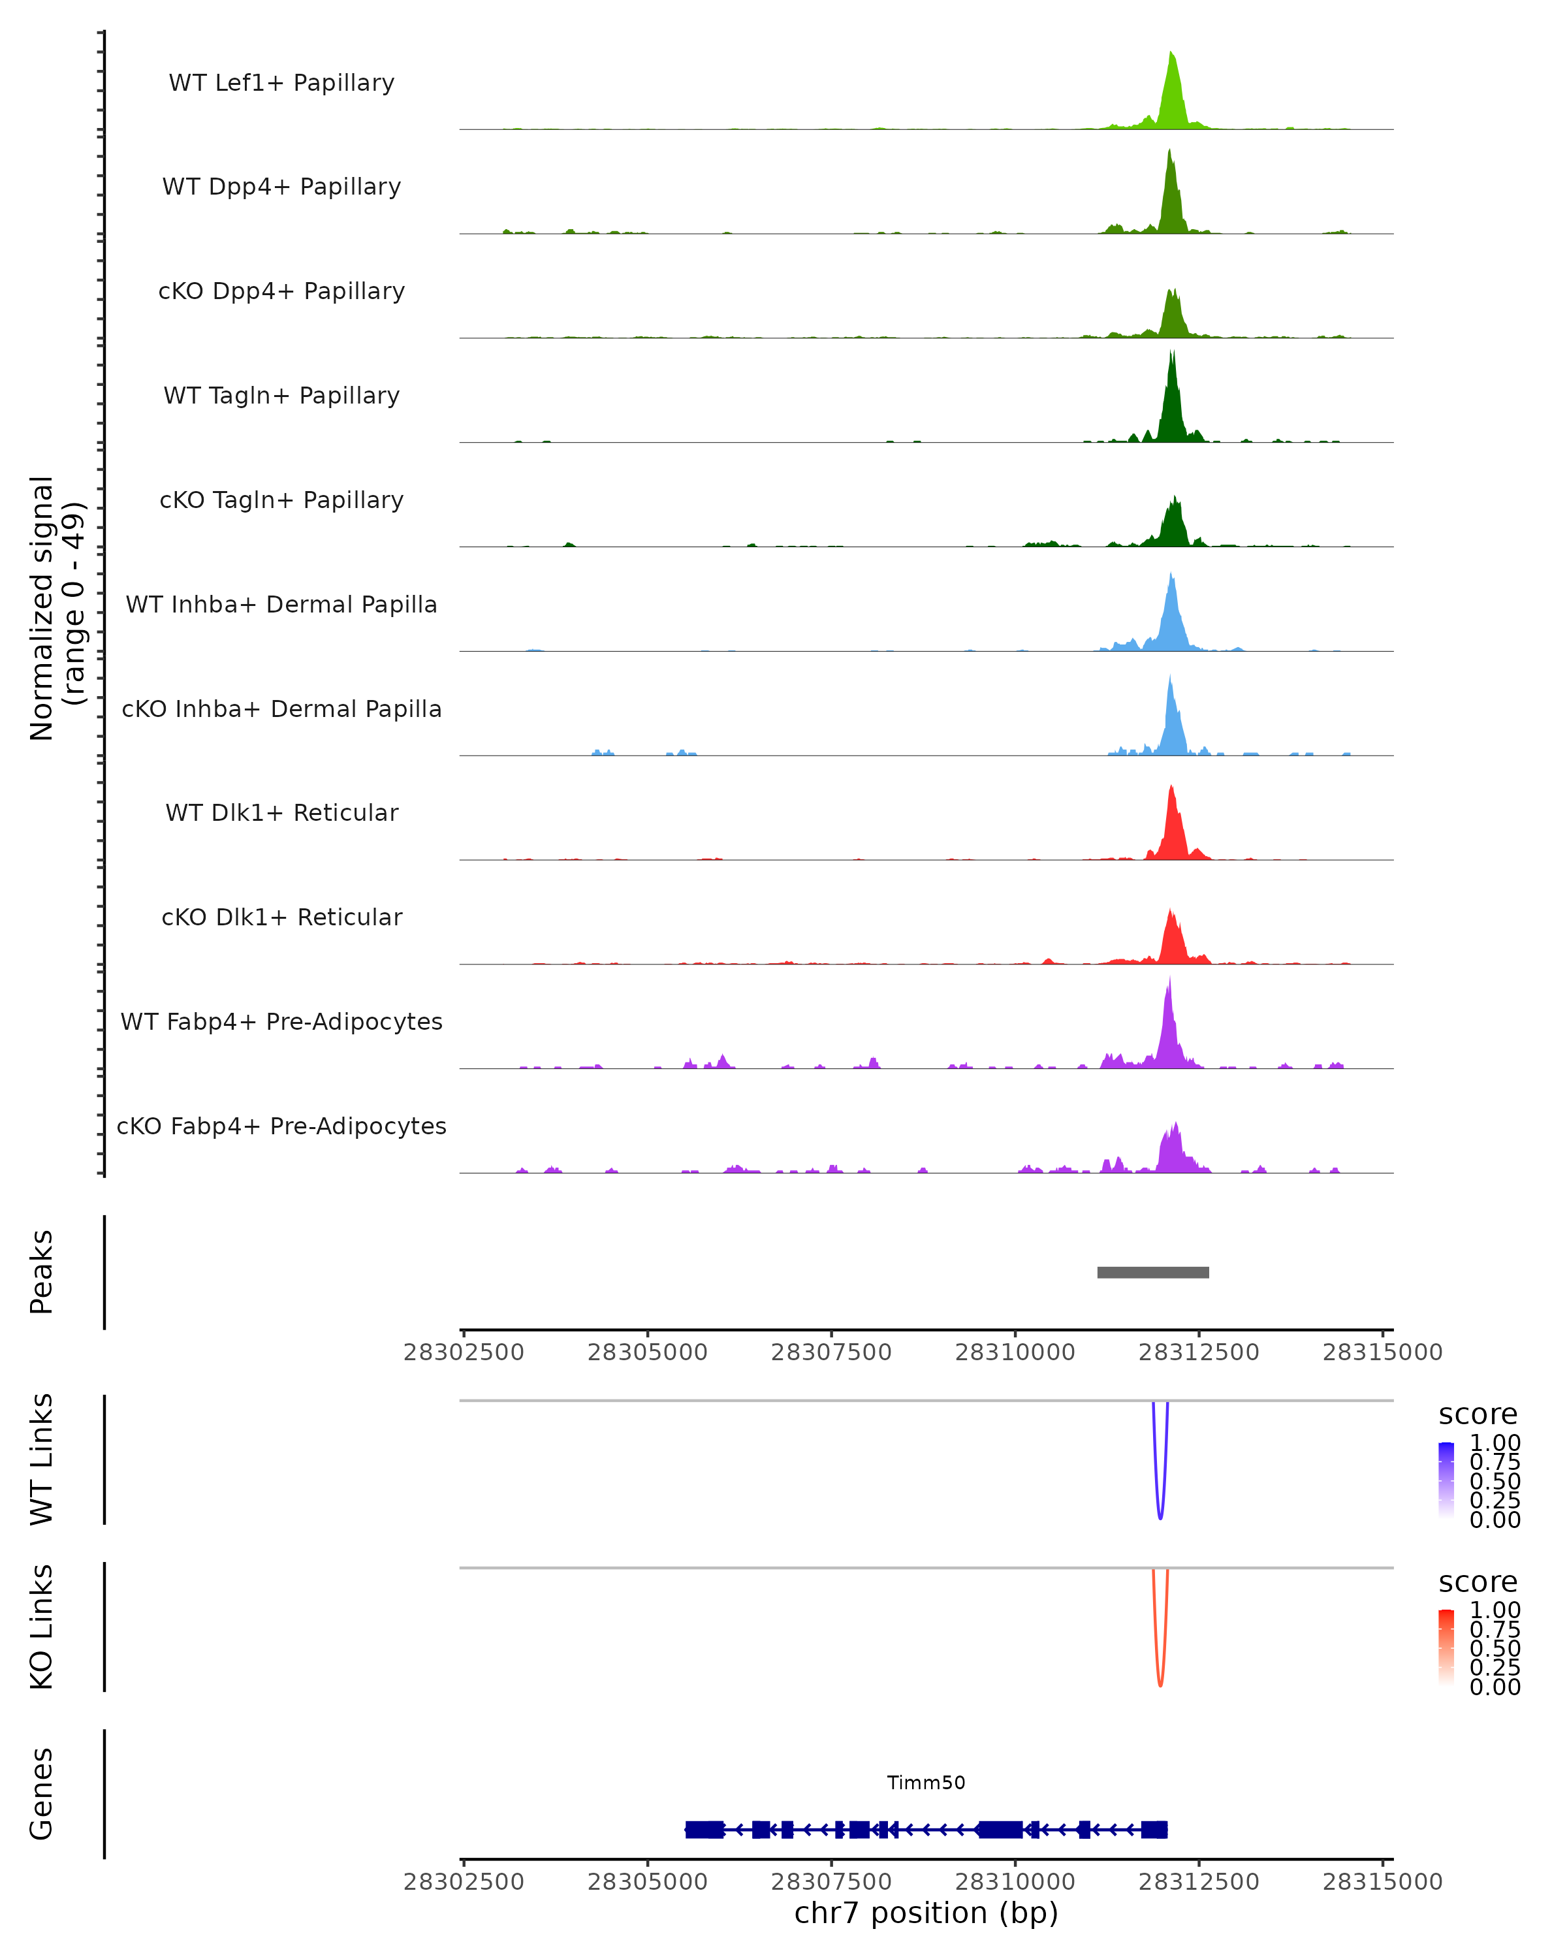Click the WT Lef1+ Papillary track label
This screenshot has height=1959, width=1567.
281,83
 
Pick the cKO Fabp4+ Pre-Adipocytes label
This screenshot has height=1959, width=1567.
281,1126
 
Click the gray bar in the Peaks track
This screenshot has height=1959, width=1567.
1153,1272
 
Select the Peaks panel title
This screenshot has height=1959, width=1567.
42,1272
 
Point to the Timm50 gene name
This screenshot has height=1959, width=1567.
926,1783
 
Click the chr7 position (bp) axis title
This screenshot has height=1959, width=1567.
926,1913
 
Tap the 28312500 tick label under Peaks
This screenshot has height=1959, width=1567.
1198,1352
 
